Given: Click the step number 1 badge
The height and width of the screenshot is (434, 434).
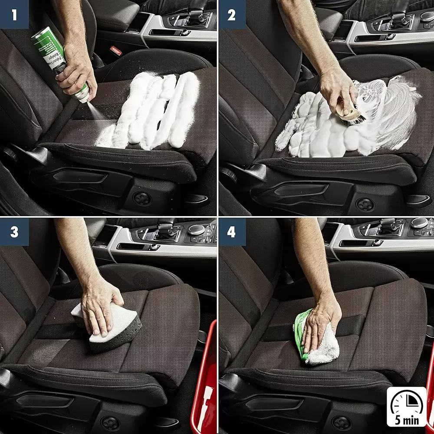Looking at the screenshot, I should (x=14, y=14).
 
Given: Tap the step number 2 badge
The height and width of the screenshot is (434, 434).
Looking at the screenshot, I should (x=232, y=14).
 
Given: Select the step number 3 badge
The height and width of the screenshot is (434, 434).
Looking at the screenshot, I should (x=14, y=232).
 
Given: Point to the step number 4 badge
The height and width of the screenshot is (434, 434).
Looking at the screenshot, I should (x=232, y=232).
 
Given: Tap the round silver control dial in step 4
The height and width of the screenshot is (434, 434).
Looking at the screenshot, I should (x=419, y=224).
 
